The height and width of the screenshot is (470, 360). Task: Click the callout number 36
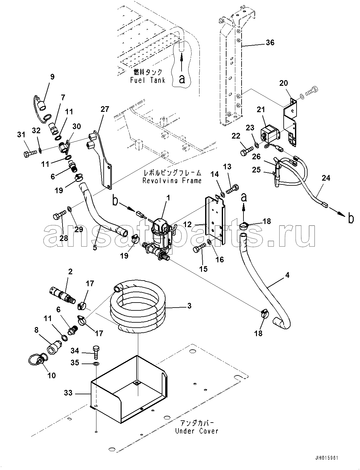(x=270, y=42)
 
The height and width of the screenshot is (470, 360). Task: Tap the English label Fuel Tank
(x=148, y=80)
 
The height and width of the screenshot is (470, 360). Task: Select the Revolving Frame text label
(x=172, y=181)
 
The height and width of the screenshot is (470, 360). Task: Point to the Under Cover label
(x=196, y=431)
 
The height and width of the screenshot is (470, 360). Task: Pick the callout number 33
(x=68, y=393)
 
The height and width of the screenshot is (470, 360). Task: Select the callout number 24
(x=326, y=178)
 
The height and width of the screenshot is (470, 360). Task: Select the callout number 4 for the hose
(x=287, y=275)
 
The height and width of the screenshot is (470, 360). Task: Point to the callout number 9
(x=52, y=77)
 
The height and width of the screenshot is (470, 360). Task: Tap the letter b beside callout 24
(x=351, y=218)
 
